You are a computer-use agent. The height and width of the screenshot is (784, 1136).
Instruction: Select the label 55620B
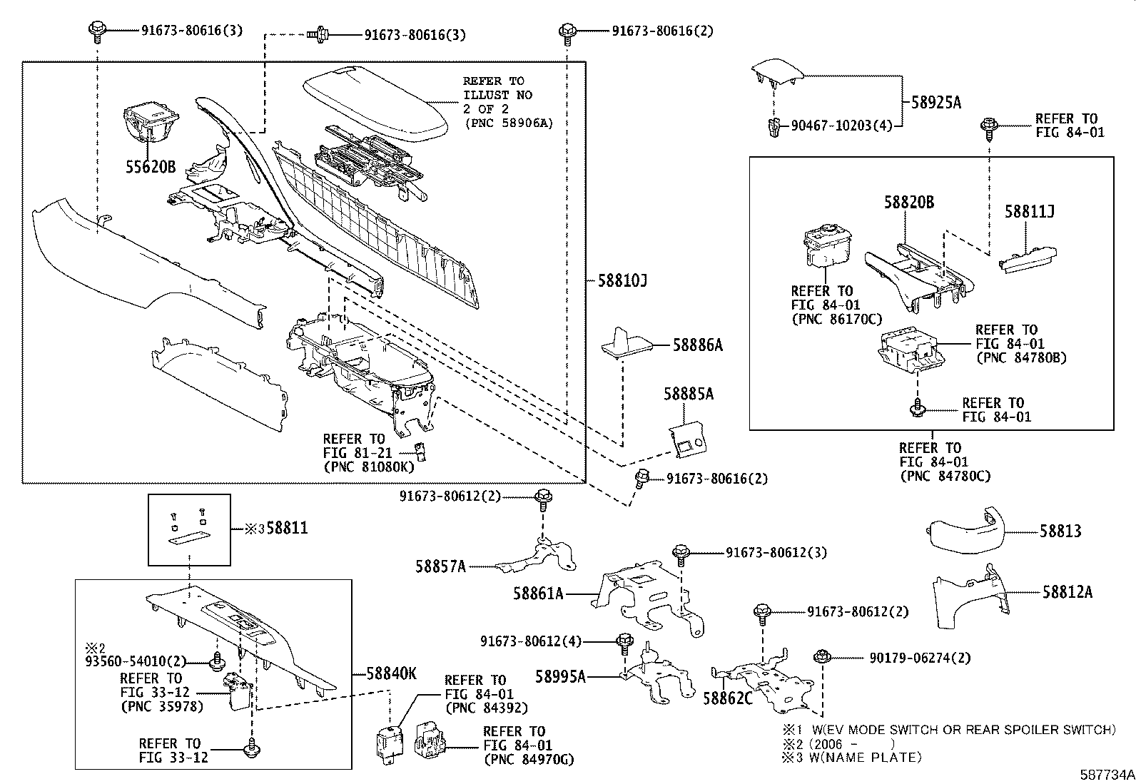151,168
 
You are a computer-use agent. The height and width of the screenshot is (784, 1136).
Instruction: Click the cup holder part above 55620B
151,121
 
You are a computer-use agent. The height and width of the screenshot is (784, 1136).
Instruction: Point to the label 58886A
697,346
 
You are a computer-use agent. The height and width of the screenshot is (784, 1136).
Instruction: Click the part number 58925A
935,103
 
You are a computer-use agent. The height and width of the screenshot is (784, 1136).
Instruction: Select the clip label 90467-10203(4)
841,126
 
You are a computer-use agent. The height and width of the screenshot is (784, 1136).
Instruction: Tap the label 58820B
908,203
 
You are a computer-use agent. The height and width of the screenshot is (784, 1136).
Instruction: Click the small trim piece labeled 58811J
1028,260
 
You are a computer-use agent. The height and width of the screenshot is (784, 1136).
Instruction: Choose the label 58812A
1067,591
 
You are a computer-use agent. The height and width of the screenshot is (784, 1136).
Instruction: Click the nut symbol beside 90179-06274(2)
820,656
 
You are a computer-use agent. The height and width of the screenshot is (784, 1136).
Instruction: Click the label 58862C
727,698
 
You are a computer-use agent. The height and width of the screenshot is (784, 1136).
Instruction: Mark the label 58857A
440,566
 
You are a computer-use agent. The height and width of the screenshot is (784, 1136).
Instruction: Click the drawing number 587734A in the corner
1105,774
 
